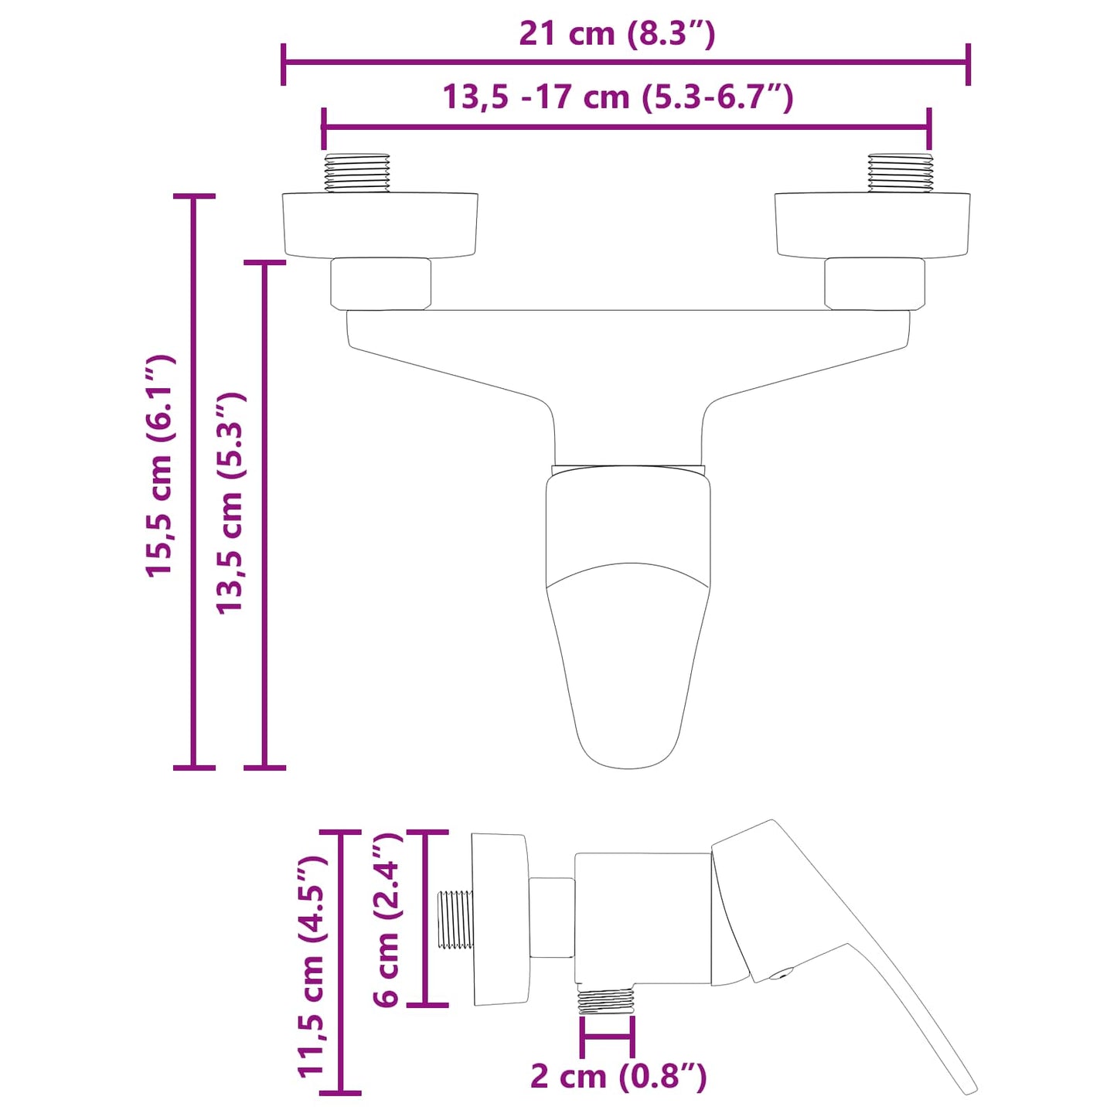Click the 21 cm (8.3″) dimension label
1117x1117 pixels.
pyautogui.click(x=617, y=34)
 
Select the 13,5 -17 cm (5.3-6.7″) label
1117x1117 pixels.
pyautogui.click(x=618, y=97)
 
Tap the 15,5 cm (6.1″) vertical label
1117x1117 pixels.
pyautogui.click(x=161, y=466)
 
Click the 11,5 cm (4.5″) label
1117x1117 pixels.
pyautogui.click(x=312, y=966)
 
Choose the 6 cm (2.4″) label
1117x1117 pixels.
pyautogui.click(x=387, y=920)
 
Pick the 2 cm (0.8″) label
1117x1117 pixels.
pyautogui.click(x=618, y=1075)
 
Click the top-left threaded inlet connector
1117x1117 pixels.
pyautogui.click(x=356, y=173)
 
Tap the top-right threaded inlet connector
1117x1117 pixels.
pyautogui.click(x=900, y=173)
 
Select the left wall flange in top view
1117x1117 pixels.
pyautogui.click(x=380, y=224)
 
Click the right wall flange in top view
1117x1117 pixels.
pyautogui.click(x=872, y=224)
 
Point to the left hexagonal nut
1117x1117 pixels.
pyautogui.click(x=380, y=284)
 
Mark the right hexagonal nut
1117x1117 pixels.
pyautogui.click(x=874, y=284)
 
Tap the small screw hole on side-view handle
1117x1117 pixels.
pyautogui.click(x=784, y=973)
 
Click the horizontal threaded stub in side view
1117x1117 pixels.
pyautogui.click(x=455, y=919)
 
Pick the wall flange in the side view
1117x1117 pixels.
pyautogui.click(x=499, y=919)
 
